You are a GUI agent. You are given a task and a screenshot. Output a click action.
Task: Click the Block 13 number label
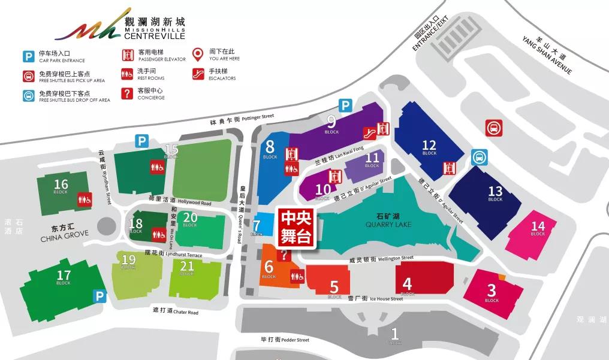point(495,192)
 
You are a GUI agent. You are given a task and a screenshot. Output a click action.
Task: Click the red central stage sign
point(296,226)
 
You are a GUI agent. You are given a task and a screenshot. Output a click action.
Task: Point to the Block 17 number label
point(64,277)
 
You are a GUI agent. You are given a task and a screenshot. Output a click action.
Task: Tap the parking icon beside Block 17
point(100,296)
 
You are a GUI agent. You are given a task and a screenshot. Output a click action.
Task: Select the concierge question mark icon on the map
point(284,254)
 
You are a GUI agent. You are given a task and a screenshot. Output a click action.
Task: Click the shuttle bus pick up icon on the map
point(495,128)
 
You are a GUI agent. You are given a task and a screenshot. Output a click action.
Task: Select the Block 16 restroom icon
point(83,199)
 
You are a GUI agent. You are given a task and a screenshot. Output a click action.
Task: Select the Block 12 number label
point(429,145)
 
